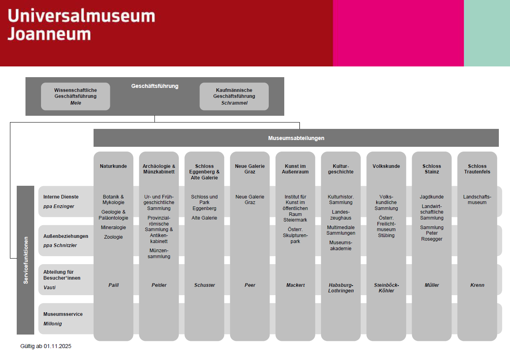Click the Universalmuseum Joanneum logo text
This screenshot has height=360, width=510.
point(81,25)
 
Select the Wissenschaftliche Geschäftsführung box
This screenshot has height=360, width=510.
point(75,96)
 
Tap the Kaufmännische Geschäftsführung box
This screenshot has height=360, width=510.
point(234,96)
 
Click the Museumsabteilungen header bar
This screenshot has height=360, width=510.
point(296,138)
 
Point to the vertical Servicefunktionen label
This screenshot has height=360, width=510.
point(25,260)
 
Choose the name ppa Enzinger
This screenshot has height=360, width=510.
point(59,206)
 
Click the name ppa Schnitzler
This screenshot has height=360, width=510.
point(60,245)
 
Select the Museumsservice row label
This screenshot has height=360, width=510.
point(63,314)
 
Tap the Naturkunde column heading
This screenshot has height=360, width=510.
point(113,166)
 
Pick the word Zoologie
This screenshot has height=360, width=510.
point(113,237)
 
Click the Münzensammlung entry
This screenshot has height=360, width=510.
point(159,254)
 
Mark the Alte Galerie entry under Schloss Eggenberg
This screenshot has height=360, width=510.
point(204,218)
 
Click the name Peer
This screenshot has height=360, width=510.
point(250,285)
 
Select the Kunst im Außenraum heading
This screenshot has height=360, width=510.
point(295,169)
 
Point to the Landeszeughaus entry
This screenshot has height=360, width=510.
point(340,215)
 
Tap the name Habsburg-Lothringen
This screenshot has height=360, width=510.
point(341,288)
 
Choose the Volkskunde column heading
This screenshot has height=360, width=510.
point(386,166)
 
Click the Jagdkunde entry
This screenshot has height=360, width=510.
point(432,197)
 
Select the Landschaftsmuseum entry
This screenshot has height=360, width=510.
point(477,200)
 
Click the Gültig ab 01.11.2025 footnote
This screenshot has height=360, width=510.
point(46,346)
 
